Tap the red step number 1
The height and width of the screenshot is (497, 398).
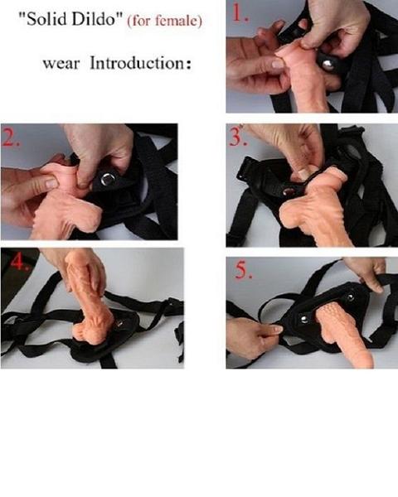coord(240,14)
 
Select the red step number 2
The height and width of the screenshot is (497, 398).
coord(13,138)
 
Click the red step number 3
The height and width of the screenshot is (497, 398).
coord(238,136)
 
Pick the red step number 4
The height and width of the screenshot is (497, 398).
coord(14,262)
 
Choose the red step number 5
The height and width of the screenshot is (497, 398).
coord(240,270)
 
